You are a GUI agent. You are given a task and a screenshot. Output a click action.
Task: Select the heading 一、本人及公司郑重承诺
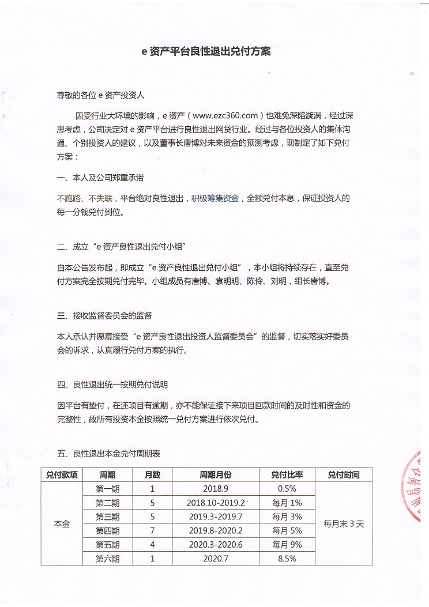[x=100, y=178]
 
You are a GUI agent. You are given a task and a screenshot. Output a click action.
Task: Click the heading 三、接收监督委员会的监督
[x=104, y=315]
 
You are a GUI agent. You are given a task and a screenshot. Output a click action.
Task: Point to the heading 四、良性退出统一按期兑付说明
[x=112, y=384]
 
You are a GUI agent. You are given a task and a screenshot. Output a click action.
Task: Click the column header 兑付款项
[x=62, y=475]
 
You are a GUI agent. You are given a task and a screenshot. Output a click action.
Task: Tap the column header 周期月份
[x=216, y=475]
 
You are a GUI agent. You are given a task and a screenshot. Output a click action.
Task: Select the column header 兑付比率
[x=287, y=475]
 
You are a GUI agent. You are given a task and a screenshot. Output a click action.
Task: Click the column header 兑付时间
[x=344, y=475]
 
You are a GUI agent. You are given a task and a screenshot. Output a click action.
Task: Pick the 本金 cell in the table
[x=62, y=524]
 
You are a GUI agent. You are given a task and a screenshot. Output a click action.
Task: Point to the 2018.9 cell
[x=216, y=489]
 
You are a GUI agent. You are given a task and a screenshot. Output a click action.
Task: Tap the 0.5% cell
[x=287, y=489]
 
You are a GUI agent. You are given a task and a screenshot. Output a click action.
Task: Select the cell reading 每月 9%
[x=287, y=545]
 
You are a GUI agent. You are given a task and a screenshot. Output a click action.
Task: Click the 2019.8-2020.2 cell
[x=216, y=531]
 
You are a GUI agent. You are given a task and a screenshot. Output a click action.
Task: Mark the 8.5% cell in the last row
[x=287, y=559]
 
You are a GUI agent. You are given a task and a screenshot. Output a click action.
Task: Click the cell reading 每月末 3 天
[x=344, y=524]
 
